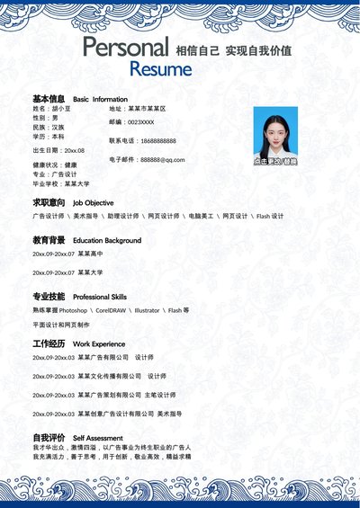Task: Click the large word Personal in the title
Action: (x=125, y=48)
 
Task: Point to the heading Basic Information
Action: (x=100, y=99)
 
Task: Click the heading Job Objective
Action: (x=93, y=203)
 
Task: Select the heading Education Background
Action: (x=107, y=241)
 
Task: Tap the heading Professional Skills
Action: (x=100, y=297)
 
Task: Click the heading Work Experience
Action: (x=99, y=344)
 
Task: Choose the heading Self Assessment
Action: (x=97, y=438)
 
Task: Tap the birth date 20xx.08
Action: (x=74, y=150)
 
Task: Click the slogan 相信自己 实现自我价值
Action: (x=233, y=50)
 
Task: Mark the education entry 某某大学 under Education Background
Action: (x=90, y=272)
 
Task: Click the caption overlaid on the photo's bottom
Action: (x=275, y=161)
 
